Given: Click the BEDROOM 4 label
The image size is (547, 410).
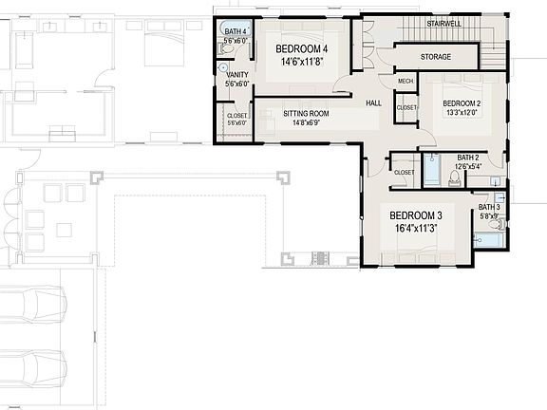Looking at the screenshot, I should click(x=302, y=49).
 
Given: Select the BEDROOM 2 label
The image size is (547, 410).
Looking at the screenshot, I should click(x=462, y=102).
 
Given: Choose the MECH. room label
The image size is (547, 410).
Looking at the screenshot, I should click(x=406, y=82).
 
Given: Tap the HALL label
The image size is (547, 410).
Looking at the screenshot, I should click(x=374, y=102).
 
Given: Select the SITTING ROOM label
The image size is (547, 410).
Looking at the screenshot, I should click(x=306, y=113).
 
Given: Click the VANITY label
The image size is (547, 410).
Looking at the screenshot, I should click(x=236, y=74).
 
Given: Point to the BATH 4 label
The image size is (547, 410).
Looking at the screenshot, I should click(x=236, y=32).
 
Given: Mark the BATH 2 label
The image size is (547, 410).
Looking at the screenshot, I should click(x=468, y=158).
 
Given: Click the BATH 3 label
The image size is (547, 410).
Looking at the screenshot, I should click(x=489, y=207).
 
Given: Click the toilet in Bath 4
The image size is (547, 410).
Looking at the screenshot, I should click(x=225, y=53).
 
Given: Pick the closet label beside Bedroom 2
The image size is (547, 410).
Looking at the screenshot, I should click(x=406, y=108).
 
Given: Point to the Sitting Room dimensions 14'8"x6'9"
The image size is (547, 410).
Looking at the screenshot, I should click(x=306, y=122).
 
